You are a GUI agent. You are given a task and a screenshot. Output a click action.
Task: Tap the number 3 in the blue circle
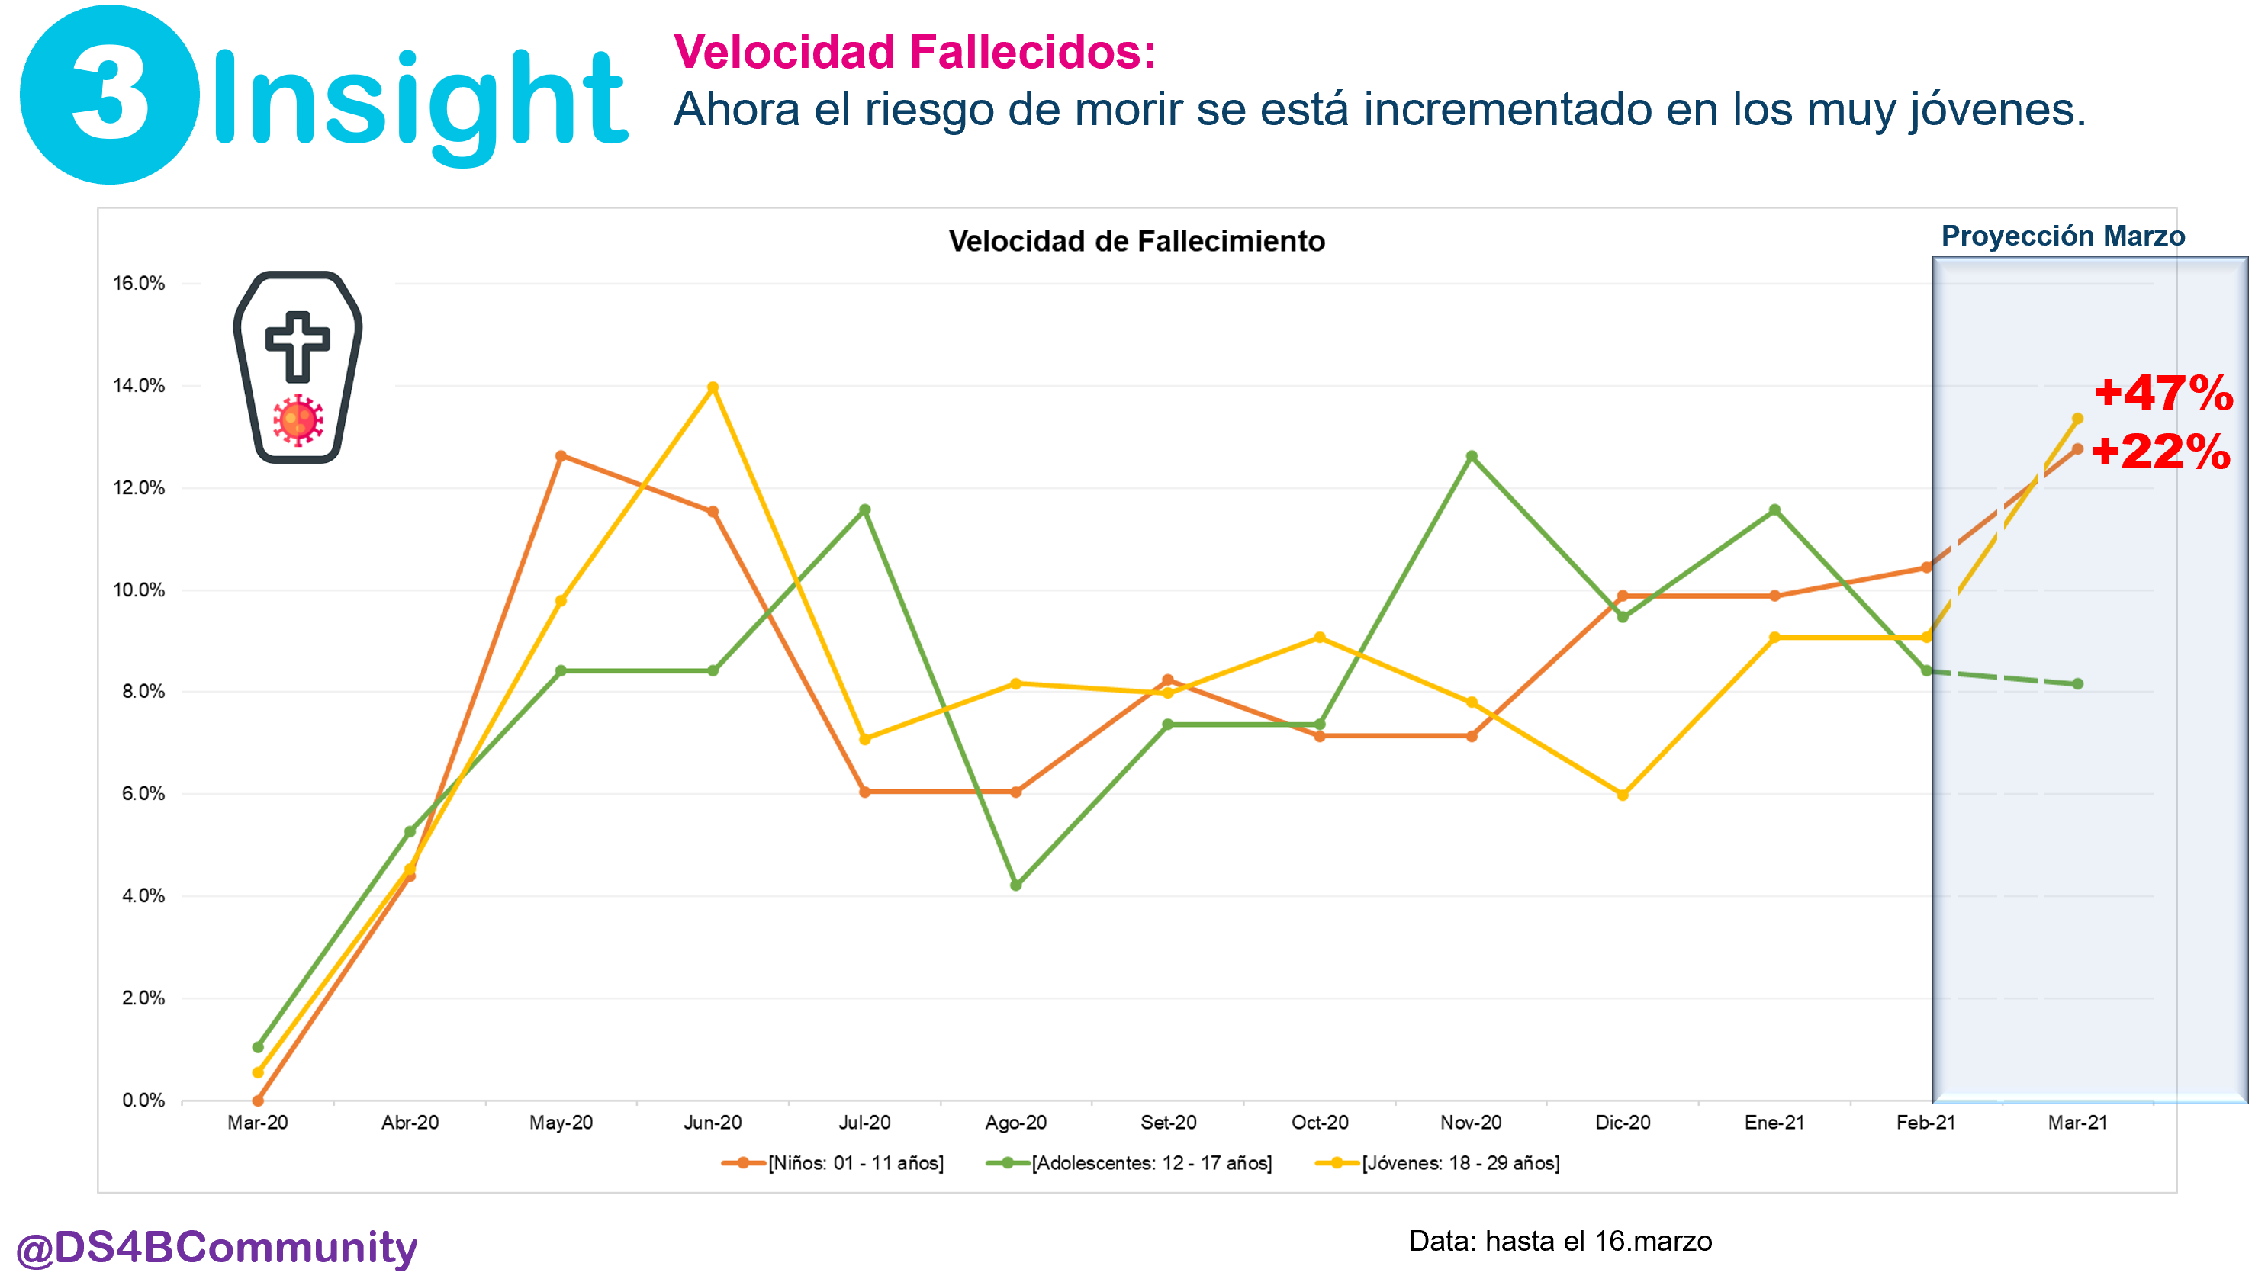(x=110, y=95)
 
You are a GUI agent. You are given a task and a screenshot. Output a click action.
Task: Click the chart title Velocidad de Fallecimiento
(x=1136, y=241)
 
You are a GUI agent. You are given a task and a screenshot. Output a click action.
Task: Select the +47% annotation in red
(x=2163, y=393)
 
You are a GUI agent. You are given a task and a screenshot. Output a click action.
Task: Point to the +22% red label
(x=2160, y=452)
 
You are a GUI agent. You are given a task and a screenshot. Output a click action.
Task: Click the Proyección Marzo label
(x=2062, y=236)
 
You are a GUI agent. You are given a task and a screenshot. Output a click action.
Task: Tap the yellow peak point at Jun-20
(x=713, y=387)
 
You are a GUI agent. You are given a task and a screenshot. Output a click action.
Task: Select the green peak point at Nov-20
(x=1472, y=456)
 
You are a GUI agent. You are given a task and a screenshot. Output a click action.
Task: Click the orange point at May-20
(x=561, y=456)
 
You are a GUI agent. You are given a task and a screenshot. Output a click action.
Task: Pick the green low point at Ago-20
(x=1016, y=885)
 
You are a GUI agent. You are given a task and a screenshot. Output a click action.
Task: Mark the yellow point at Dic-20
(x=1623, y=794)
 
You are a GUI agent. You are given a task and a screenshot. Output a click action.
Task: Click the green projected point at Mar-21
(x=2078, y=684)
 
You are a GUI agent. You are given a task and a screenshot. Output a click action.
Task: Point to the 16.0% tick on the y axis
(x=139, y=284)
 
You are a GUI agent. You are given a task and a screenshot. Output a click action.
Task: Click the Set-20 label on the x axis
(x=1169, y=1123)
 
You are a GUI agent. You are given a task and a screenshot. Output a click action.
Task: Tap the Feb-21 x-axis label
(x=1925, y=1123)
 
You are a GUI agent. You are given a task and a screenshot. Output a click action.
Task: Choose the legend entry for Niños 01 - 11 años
(x=833, y=1163)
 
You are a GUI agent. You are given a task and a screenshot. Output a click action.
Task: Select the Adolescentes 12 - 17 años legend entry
(x=1130, y=1163)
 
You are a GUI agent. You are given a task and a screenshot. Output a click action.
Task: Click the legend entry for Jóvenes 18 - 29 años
(x=1438, y=1163)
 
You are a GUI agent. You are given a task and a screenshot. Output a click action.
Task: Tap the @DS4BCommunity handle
(x=217, y=1247)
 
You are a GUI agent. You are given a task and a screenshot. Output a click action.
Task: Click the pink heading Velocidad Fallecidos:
(x=914, y=51)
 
